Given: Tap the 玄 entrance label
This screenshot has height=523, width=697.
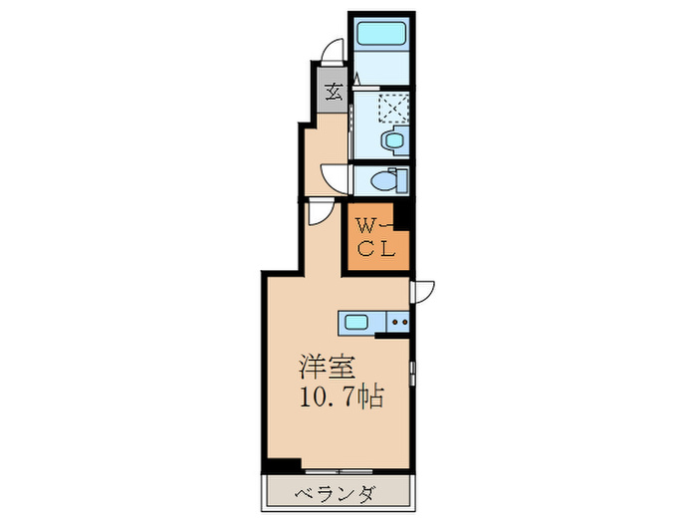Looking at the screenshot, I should click(334, 93).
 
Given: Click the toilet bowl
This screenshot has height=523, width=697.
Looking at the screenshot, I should click(378, 180).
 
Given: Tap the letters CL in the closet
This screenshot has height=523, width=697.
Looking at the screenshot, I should click(376, 250).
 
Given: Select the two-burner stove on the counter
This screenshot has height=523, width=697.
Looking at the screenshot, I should click(398, 321).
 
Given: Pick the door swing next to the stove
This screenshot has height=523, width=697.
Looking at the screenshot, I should click(422, 290).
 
